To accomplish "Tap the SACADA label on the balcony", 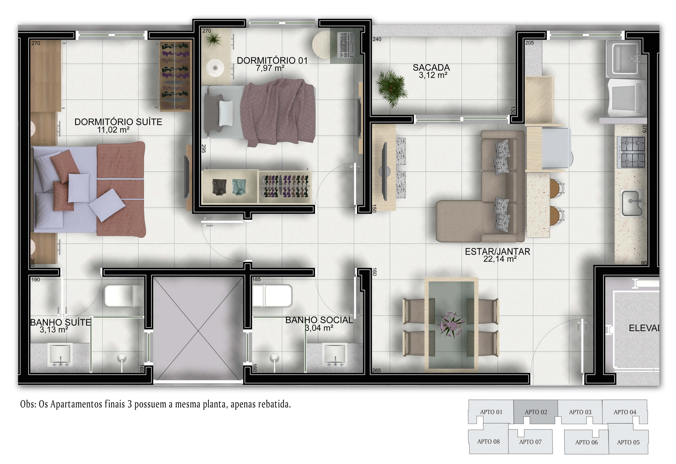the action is [431, 68].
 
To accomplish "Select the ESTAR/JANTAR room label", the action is [497, 251].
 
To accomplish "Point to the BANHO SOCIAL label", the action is [319, 320].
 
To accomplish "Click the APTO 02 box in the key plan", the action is [536, 412].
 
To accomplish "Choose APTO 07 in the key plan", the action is [530, 442].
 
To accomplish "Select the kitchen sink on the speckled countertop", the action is [632, 203].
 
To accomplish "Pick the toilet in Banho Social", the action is [272, 296].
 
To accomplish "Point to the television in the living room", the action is [384, 172].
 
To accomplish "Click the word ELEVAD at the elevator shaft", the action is [644, 328].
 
